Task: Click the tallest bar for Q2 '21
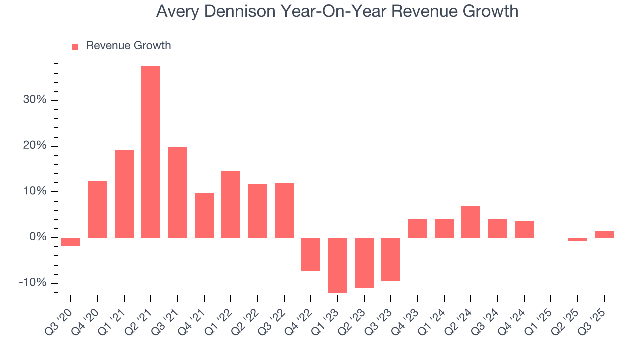pos(151,152)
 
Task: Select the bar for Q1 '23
pos(337,265)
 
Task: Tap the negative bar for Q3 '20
pos(71,242)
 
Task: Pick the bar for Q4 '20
pos(98,209)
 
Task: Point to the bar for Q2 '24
pos(471,221)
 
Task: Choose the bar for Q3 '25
pos(604,234)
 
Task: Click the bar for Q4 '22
pos(311,254)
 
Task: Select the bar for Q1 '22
pos(231,204)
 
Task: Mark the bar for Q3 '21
pos(178,192)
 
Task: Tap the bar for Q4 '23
pos(417,228)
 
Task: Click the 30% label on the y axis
pos(34,100)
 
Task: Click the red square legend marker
pos(75,46)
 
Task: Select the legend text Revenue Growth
pos(128,46)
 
